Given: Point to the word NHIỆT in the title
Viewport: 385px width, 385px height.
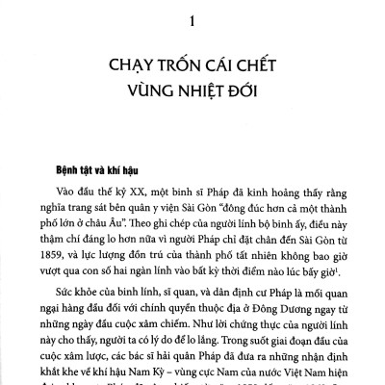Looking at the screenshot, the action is click(203, 98).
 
